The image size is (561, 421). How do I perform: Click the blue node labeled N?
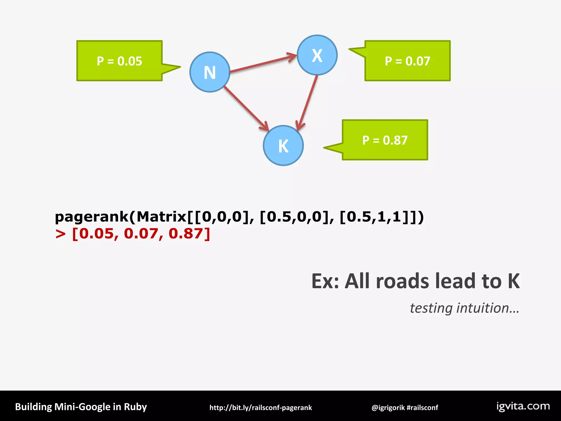tap(210, 72)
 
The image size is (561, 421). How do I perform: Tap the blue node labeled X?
tap(317, 55)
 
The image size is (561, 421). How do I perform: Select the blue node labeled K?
tap(283, 146)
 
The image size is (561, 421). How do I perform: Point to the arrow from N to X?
tap(263, 64)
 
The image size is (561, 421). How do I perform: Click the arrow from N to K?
tap(246, 108)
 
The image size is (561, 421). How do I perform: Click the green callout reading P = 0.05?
tap(119, 61)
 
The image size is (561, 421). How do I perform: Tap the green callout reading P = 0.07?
tap(407, 61)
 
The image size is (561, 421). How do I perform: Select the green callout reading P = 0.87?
tap(385, 140)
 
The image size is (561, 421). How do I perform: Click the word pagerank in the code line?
tap(92, 217)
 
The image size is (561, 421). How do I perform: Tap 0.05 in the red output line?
tap(96, 234)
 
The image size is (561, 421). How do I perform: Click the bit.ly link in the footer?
tap(261, 408)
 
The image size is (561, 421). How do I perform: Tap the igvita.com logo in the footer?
tap(523, 406)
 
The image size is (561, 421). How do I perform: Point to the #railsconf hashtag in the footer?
tap(422, 408)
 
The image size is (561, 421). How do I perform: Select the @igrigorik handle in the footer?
tap(388, 408)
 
